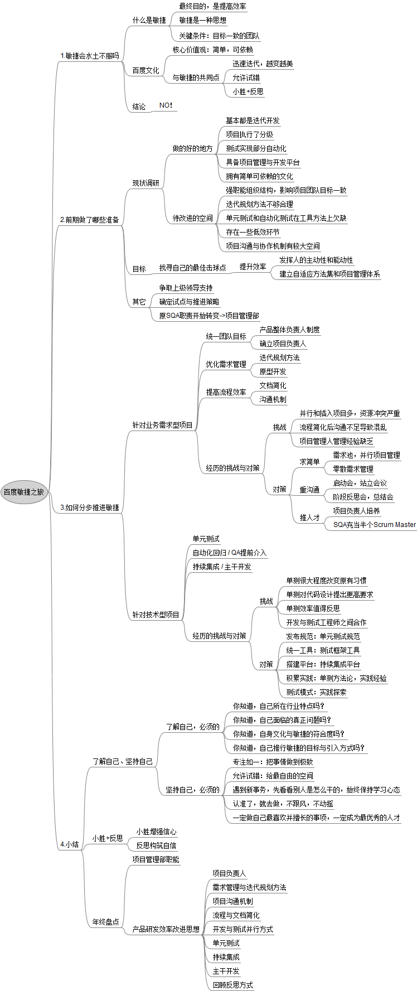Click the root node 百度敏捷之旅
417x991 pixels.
[x=23, y=492]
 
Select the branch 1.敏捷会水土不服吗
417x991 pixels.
[x=90, y=56]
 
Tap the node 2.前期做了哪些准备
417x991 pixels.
[x=90, y=220]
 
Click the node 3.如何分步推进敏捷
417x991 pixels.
[x=90, y=507]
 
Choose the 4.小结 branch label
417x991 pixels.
[x=70, y=844]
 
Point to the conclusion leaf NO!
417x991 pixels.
[x=166, y=105]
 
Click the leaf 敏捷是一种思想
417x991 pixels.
[x=202, y=20]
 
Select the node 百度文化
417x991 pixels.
[x=146, y=70]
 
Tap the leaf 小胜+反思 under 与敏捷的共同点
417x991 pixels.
[x=248, y=91]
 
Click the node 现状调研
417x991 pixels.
[x=146, y=183]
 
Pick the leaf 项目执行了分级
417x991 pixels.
[x=249, y=134]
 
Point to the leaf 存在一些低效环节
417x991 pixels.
[x=253, y=232]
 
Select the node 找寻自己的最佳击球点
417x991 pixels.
[x=192, y=268]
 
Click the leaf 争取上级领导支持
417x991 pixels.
[x=186, y=288]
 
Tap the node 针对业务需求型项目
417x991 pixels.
[x=162, y=425]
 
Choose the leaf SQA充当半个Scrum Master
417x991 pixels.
[x=374, y=524]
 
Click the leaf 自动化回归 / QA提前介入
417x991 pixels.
[x=230, y=553]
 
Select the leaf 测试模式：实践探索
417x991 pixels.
[x=316, y=692]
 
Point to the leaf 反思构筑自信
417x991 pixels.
[x=156, y=845]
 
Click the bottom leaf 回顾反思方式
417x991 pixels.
[x=232, y=985]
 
